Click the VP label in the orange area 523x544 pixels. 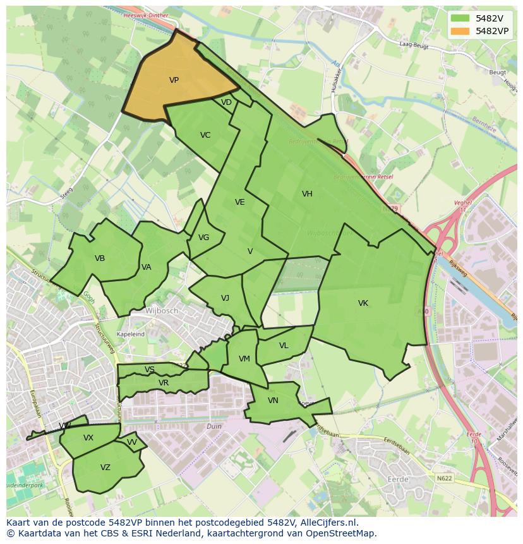(x=174, y=80)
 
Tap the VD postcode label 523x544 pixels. (x=226, y=102)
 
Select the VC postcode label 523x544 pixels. (x=205, y=135)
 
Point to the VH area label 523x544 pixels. (x=307, y=194)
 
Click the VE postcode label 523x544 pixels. (x=239, y=202)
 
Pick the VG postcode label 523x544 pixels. (x=203, y=238)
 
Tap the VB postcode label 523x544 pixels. (x=100, y=258)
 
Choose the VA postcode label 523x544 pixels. (x=147, y=267)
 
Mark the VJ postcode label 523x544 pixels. (x=225, y=298)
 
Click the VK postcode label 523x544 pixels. (x=363, y=303)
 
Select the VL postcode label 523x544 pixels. (x=284, y=346)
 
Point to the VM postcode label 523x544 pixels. (x=244, y=359)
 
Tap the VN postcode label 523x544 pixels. (x=273, y=401)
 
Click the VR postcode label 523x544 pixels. (x=164, y=383)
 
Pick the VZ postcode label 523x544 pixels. (x=105, y=468)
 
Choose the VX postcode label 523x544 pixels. (x=88, y=438)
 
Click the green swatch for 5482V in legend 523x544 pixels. (x=460, y=18)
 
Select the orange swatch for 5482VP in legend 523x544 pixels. (x=460, y=30)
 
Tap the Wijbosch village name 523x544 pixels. (x=162, y=311)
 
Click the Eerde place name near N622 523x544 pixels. (x=397, y=480)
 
